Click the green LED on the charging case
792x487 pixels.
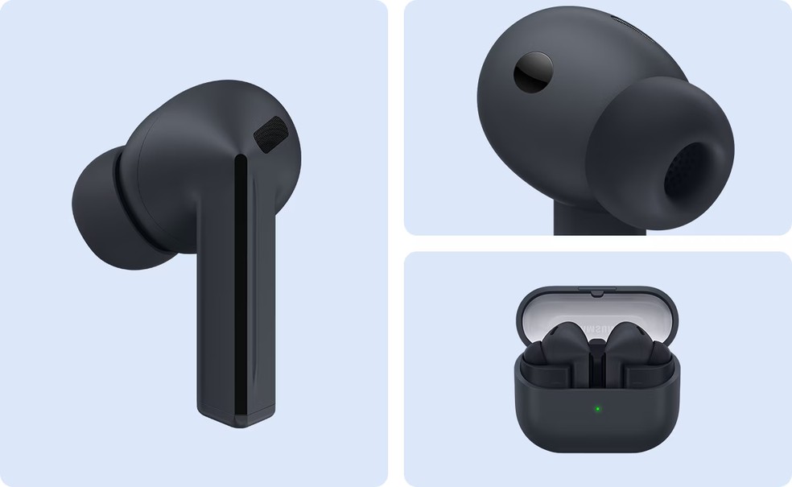pos(596,408)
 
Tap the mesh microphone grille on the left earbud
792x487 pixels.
pos(270,133)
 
